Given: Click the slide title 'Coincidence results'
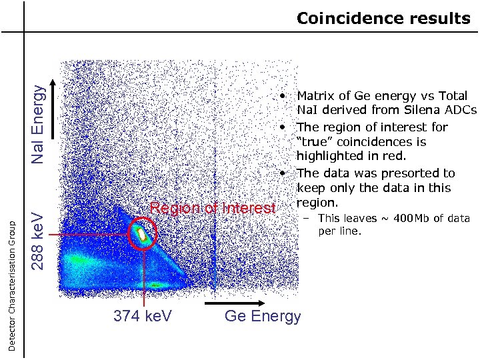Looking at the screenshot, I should pyautogui.click(x=383, y=18).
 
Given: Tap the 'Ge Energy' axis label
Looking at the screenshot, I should pyautogui.click(x=263, y=316).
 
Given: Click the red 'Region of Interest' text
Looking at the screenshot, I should pyautogui.click(x=212, y=208).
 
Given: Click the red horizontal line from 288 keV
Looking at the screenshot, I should pyautogui.click(x=87, y=235).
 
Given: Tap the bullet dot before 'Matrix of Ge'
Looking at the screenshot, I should pyautogui.click(x=283, y=96).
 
